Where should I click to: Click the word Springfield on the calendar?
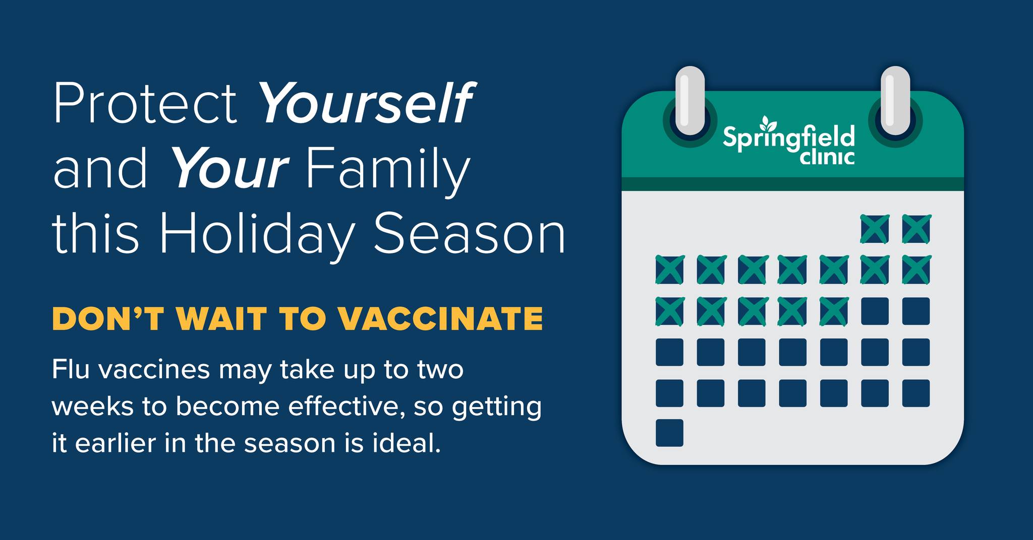pos(789,138)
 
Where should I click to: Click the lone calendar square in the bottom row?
pos(669,433)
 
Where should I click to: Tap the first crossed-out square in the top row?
pos(875,229)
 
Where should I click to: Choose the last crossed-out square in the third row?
pos(834,311)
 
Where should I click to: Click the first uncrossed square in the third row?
pos(875,311)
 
